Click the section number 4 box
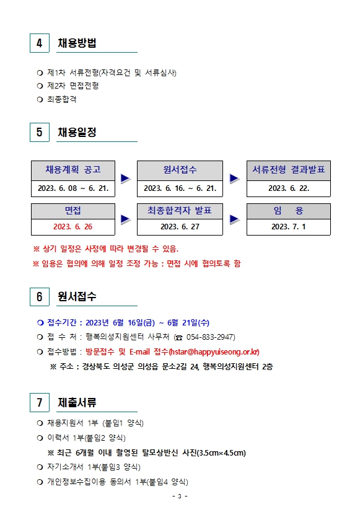[x=40, y=43]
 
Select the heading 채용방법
[x=77, y=43]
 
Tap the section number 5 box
[x=40, y=132]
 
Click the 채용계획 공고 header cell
[x=73, y=170]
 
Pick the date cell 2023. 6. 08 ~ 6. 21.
[x=73, y=188]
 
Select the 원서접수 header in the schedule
[x=180, y=170]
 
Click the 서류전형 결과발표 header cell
[x=289, y=170]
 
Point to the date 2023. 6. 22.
[x=289, y=188]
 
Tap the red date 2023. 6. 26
[x=72, y=227]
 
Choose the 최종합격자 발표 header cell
[x=180, y=211]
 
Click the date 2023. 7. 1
[x=289, y=227]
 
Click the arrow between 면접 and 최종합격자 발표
[x=126, y=219]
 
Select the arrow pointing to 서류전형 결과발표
[x=235, y=179]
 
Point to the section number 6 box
[x=40, y=297]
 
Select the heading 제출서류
[x=77, y=402]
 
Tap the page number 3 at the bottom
[x=180, y=497]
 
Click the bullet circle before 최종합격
[x=40, y=100]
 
